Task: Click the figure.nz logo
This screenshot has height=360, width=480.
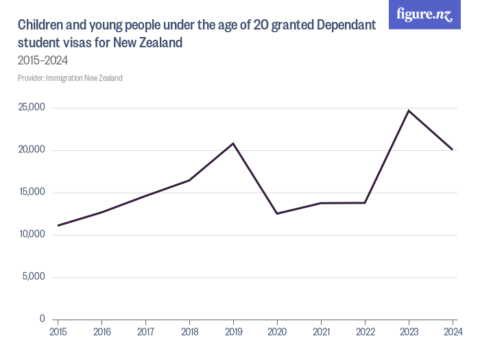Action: point(424,14)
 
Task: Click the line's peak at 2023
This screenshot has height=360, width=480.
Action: point(409,110)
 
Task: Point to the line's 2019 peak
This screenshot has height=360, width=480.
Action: point(233,143)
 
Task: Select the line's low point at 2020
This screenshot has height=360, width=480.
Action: point(277,213)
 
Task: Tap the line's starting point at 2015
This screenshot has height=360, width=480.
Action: point(58,226)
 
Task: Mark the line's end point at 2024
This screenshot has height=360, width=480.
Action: point(453,149)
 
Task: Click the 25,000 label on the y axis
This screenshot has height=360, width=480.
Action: point(32,108)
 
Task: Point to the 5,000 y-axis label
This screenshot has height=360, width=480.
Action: point(34,277)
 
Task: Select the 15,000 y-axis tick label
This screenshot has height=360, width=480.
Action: point(32,193)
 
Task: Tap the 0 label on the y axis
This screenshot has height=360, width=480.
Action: point(42,319)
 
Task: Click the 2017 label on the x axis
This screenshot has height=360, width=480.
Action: point(145,332)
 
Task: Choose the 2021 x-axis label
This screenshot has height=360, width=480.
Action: point(321,332)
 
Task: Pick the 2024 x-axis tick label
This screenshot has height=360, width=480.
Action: point(453,332)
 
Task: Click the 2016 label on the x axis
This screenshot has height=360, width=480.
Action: point(101,332)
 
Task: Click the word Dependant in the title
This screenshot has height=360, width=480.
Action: point(344,26)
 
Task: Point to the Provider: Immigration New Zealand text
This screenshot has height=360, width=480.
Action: point(70,78)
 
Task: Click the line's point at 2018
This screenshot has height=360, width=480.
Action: point(189,180)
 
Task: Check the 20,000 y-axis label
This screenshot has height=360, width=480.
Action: point(32,150)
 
